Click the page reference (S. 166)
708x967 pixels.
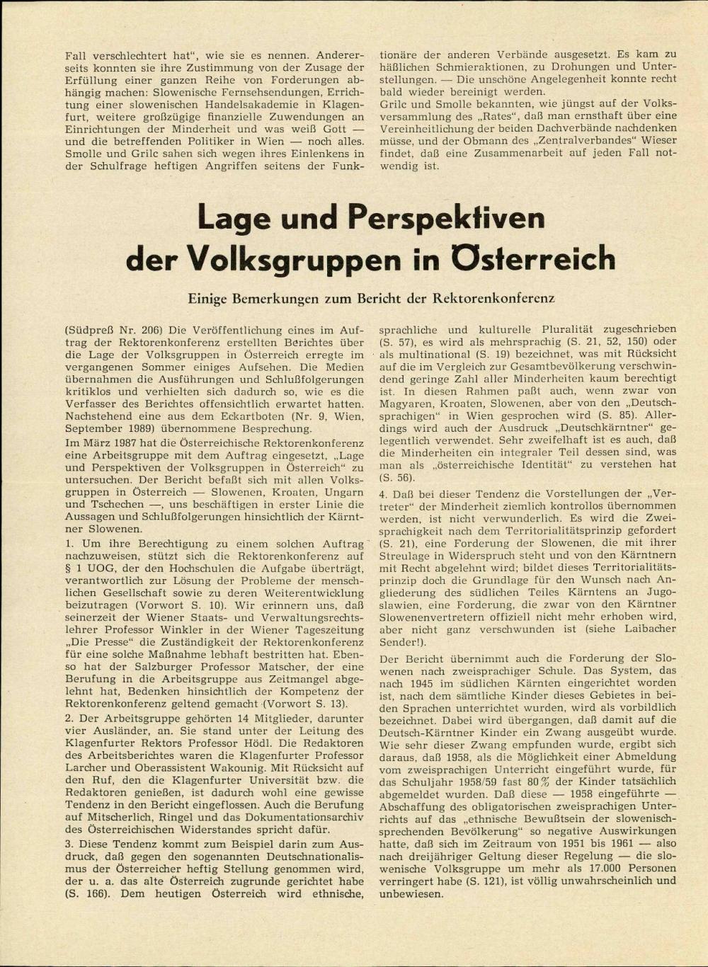88,894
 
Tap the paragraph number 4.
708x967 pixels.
383,493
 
